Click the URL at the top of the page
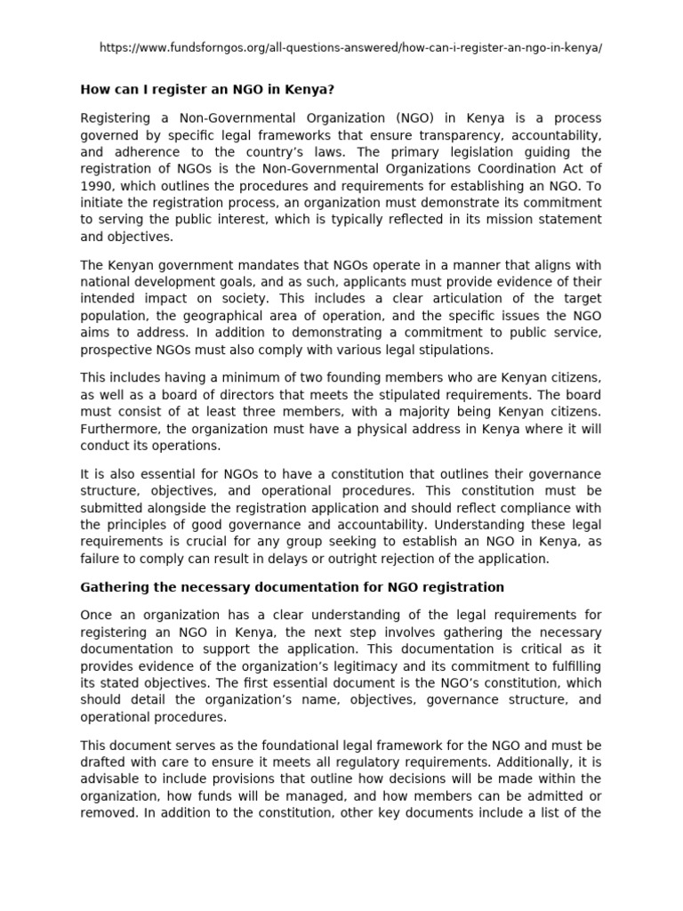tap(350, 46)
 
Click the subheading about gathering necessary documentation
tap(293, 587)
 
